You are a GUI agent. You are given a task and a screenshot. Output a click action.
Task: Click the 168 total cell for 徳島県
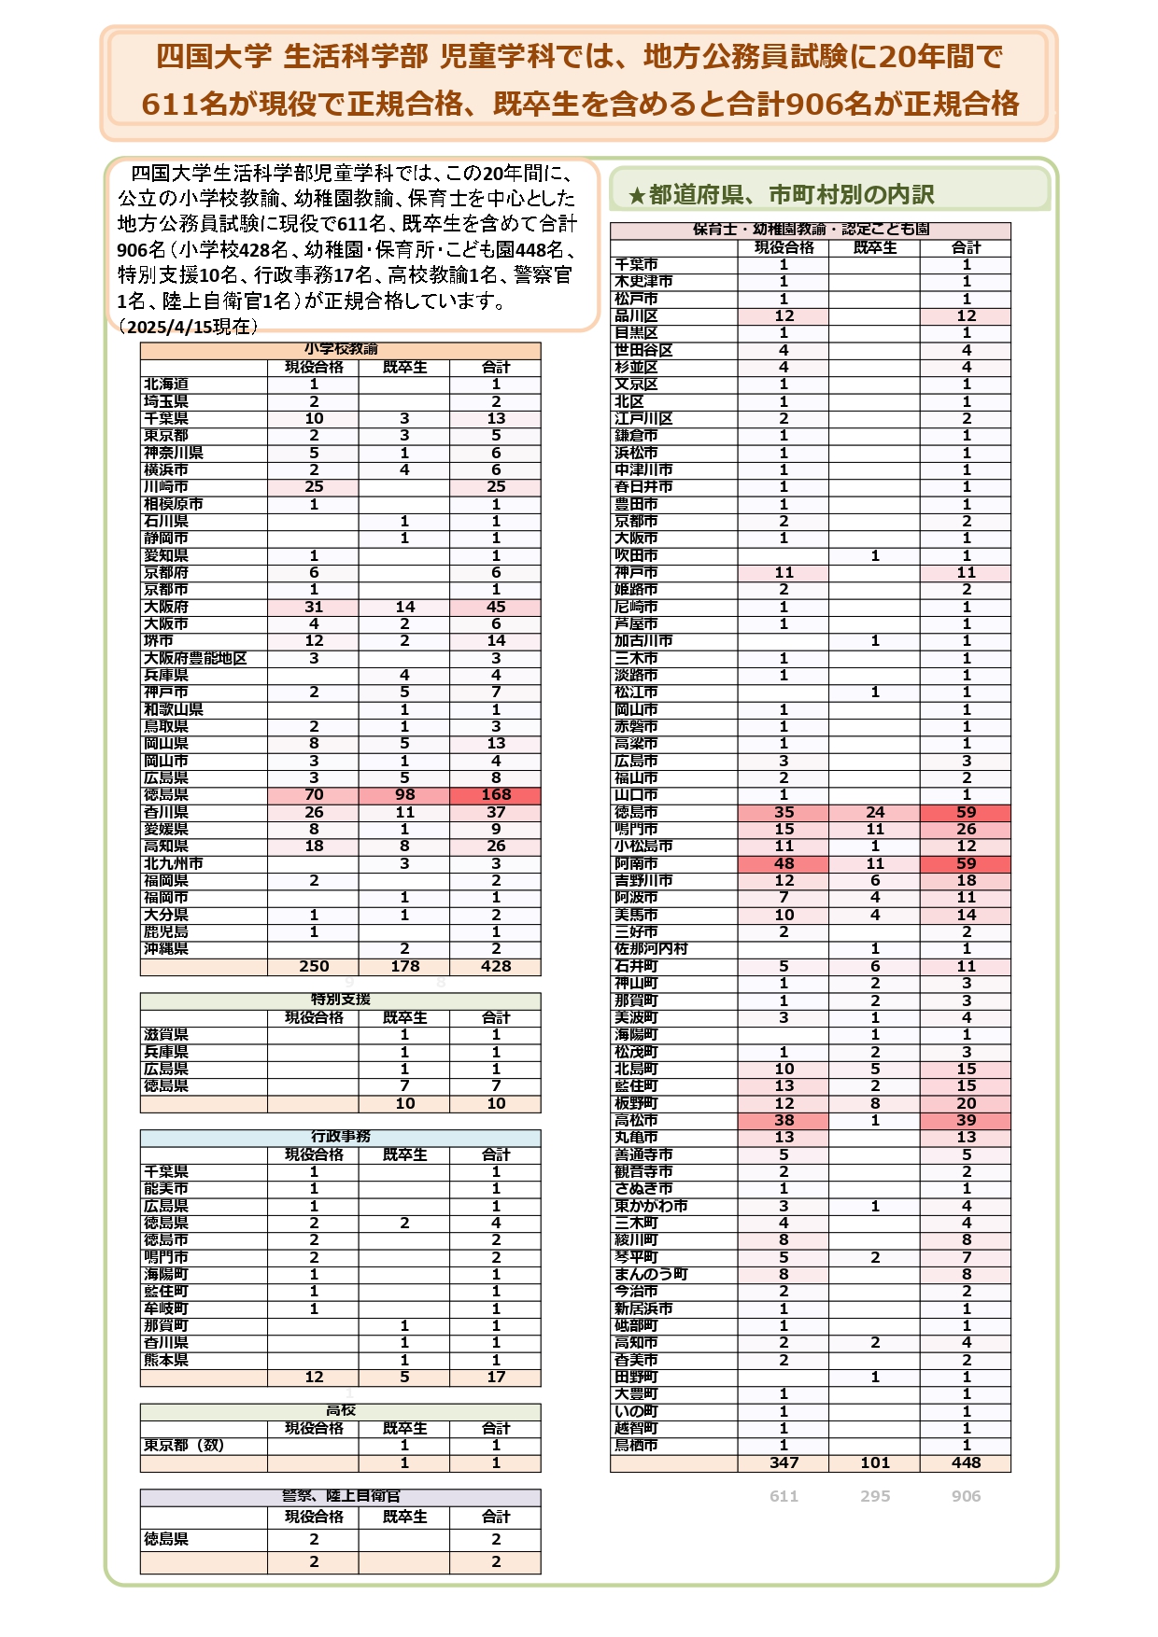click(x=496, y=795)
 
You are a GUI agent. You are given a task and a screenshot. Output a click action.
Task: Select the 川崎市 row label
click(x=166, y=487)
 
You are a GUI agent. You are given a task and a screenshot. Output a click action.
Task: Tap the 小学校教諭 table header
click(x=340, y=350)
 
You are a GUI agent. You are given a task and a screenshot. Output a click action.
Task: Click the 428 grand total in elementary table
click(x=496, y=967)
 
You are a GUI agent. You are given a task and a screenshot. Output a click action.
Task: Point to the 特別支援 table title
click(x=340, y=1000)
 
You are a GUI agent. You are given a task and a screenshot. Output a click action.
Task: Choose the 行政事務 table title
click(x=340, y=1137)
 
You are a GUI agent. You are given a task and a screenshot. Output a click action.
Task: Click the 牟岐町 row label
click(x=166, y=1308)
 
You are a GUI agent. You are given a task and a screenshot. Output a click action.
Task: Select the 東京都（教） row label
click(x=184, y=1446)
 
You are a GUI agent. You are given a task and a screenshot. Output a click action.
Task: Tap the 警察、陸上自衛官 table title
click(x=340, y=1496)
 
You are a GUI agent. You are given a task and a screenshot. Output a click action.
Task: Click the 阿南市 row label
click(x=636, y=864)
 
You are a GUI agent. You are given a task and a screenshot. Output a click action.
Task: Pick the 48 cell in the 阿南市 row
click(x=784, y=864)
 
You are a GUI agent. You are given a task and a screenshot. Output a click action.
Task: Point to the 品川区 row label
click(x=636, y=316)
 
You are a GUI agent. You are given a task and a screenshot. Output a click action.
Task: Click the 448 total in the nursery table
click(x=966, y=1463)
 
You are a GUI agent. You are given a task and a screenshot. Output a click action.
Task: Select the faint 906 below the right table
click(x=966, y=1496)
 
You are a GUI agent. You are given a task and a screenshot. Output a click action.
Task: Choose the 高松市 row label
click(x=636, y=1121)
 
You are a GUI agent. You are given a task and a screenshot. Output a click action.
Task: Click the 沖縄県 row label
click(x=166, y=949)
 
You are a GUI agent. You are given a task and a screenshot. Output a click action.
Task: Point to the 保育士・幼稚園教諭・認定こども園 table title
click(x=811, y=230)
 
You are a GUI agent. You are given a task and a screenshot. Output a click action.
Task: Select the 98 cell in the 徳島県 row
click(x=404, y=795)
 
